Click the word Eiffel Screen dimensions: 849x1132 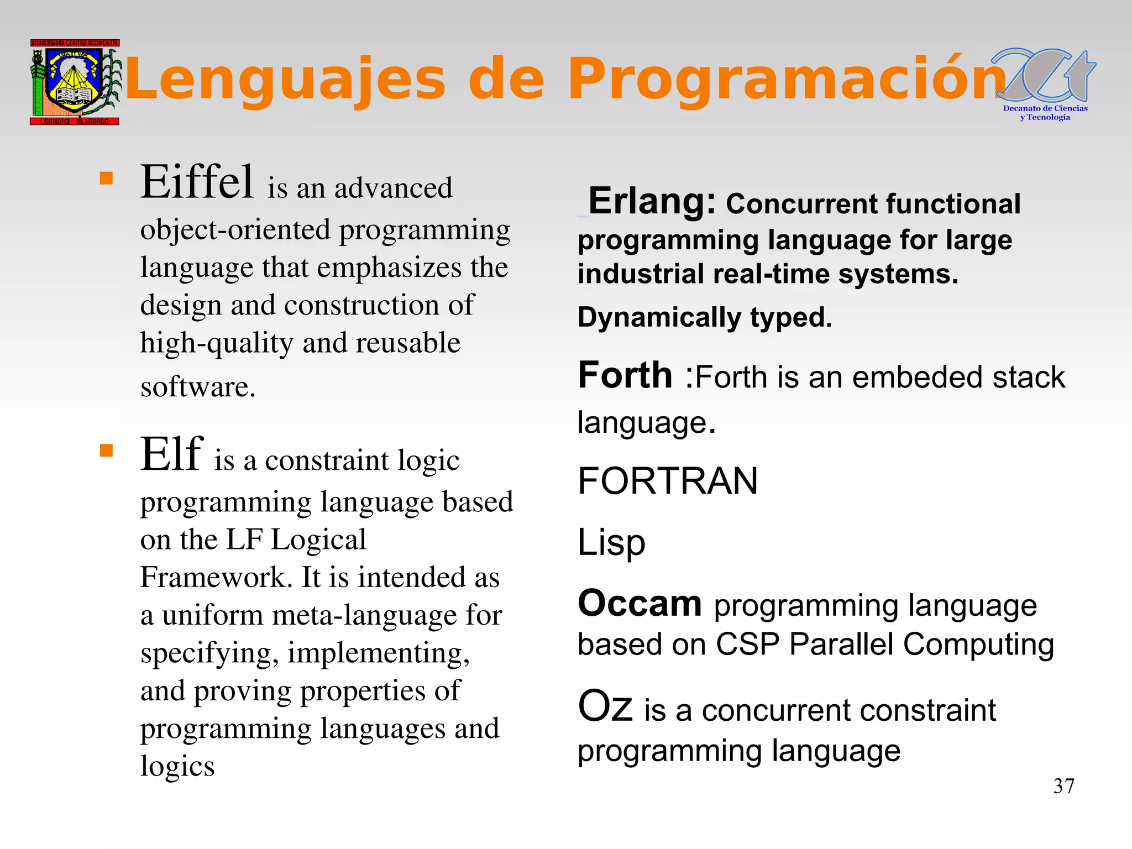pyautogui.click(x=197, y=182)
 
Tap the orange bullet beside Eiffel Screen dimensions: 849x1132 pyautogui.click(x=106, y=178)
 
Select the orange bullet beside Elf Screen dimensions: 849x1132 pyautogui.click(x=106, y=450)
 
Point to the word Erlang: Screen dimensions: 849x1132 pyautogui.click(x=652, y=201)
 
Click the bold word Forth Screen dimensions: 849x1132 pyautogui.click(x=625, y=375)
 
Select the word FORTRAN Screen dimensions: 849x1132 pyautogui.click(x=667, y=481)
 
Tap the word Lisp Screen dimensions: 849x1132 pyautogui.click(x=611, y=543)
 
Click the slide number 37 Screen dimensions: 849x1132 pyautogui.click(x=1063, y=786)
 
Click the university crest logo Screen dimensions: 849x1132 pyautogui.click(x=75, y=82)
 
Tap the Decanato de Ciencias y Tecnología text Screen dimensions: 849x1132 pyautogui.click(x=1045, y=113)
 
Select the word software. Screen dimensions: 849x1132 pyautogui.click(x=197, y=387)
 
